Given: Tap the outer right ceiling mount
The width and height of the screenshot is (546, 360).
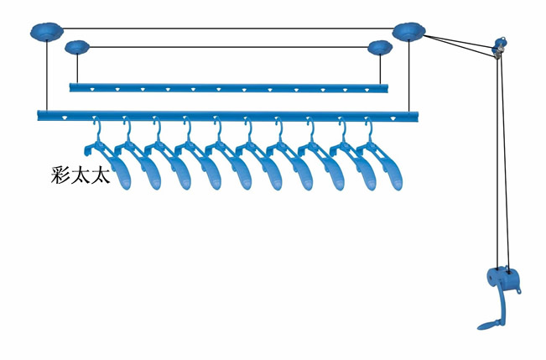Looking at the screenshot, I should [408, 32].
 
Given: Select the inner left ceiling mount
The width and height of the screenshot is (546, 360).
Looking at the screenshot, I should [77, 47].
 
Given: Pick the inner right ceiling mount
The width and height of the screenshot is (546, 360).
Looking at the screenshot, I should [379, 47].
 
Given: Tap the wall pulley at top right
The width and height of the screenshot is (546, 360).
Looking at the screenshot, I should [499, 48].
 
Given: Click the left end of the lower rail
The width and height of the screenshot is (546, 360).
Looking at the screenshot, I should [41, 114].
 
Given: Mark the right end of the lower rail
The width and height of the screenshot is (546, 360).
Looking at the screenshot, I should [416, 114].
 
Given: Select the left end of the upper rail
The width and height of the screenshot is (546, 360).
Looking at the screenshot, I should [73, 86].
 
